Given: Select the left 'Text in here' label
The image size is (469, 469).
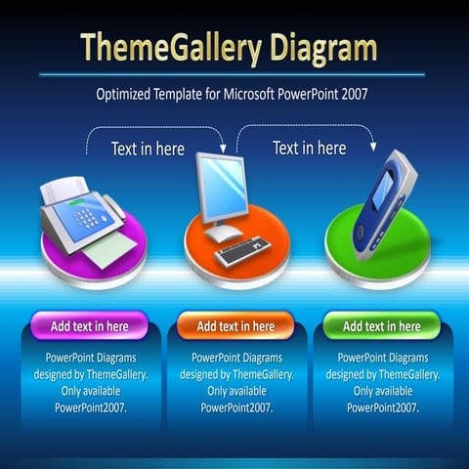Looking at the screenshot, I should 146,149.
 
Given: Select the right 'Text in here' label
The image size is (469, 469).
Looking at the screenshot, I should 309,148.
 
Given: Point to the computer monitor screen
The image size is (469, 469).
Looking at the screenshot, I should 227,187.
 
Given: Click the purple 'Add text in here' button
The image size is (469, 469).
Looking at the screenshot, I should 89,325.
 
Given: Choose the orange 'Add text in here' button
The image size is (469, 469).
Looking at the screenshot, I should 235,325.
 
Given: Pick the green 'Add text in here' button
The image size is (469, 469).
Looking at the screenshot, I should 381,325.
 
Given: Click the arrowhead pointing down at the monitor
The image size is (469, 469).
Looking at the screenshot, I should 223,149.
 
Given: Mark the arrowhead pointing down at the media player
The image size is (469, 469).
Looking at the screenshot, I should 373,148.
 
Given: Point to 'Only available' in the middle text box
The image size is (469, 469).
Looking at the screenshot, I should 235,390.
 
